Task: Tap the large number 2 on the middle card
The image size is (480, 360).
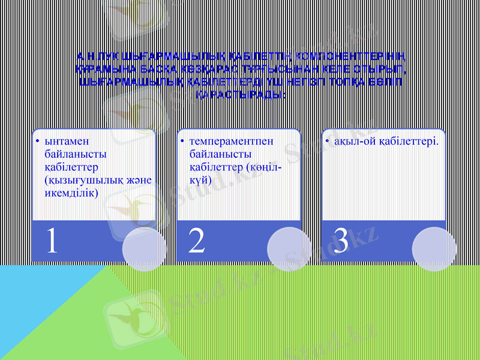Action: tap(197, 242)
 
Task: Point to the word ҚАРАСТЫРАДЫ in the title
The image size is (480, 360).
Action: tap(239, 94)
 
